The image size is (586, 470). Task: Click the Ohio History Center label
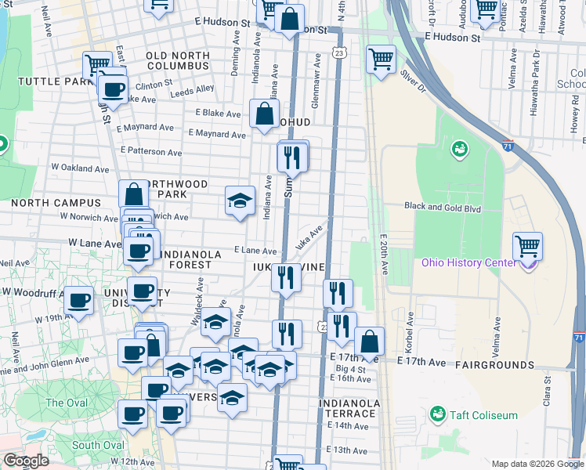469,262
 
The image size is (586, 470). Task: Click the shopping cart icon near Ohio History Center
528,247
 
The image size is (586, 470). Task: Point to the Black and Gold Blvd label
442,208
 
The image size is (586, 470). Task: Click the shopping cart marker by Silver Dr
381,58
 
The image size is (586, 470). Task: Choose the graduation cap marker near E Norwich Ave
240,200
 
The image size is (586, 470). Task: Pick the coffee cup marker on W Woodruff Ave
78,300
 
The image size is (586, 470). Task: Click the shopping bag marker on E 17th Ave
369,342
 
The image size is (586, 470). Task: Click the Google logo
26,461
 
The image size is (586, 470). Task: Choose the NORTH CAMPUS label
45,203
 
